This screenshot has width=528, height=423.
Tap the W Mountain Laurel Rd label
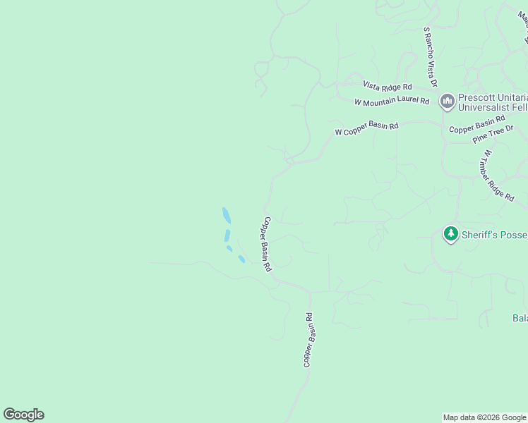[392, 102]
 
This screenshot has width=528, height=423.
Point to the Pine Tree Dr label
[493, 134]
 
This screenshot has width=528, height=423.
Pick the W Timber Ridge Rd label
[498, 176]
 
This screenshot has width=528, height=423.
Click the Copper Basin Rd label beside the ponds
[267, 244]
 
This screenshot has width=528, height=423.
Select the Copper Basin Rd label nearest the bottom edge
[308, 340]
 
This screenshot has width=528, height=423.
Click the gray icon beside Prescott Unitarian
[447, 102]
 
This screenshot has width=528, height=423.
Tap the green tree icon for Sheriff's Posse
[451, 233]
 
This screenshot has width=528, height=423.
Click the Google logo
[23, 415]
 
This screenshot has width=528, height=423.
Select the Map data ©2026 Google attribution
[484, 417]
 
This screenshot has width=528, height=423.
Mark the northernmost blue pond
[226, 215]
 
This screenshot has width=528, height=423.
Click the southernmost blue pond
[241, 259]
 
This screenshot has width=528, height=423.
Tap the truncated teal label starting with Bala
[520, 318]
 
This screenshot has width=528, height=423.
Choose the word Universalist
[486, 108]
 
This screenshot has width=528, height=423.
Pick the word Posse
[515, 233]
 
